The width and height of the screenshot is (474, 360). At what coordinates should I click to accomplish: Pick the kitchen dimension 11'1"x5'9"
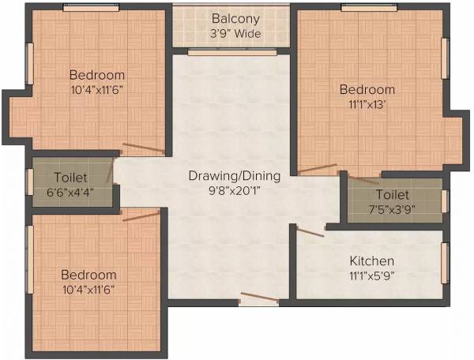tap(371, 276)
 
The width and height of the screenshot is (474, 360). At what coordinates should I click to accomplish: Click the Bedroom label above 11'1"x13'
tap(367, 88)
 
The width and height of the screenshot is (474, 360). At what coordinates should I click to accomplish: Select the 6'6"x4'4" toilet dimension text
tap(71, 192)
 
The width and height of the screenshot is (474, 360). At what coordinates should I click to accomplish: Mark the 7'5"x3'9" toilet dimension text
tap(393, 208)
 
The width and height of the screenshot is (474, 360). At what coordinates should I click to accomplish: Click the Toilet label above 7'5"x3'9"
tap(393, 193)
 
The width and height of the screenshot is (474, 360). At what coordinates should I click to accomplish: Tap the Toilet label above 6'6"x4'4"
tap(71, 177)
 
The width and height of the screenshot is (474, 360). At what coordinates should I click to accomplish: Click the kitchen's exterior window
tap(445, 263)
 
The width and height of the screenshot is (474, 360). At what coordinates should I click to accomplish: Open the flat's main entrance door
tap(259, 298)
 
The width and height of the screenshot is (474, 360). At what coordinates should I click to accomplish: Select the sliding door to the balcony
tap(232, 52)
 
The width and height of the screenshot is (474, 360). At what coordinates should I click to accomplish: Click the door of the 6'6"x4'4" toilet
tap(111, 171)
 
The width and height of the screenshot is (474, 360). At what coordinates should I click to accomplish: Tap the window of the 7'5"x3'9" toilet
tap(445, 201)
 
